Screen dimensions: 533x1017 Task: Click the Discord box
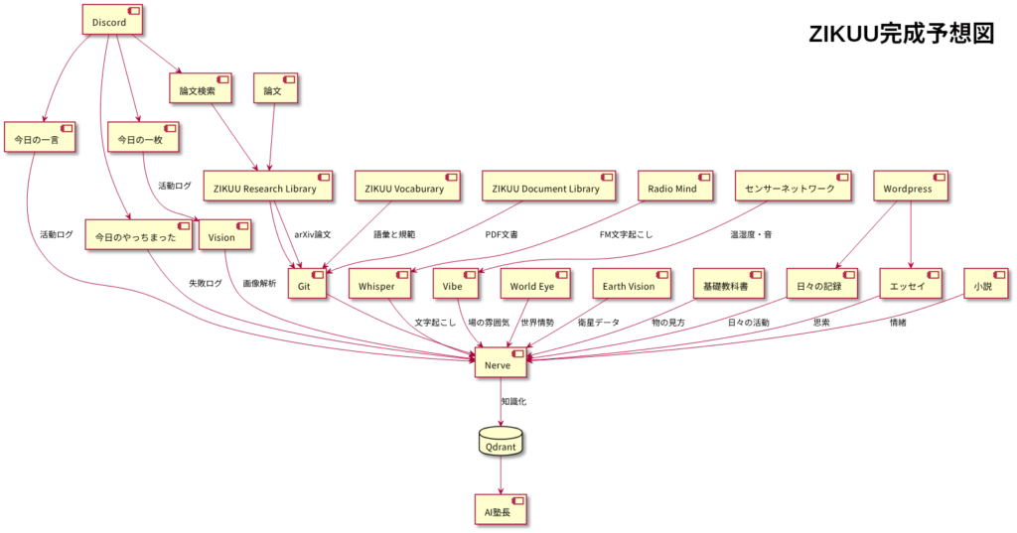110,20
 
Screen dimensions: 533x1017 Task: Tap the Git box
307,284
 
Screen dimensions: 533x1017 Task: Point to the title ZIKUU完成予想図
901,34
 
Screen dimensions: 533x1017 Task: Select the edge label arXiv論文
313,235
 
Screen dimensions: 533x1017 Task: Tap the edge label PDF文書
502,235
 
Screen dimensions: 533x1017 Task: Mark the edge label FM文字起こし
626,235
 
